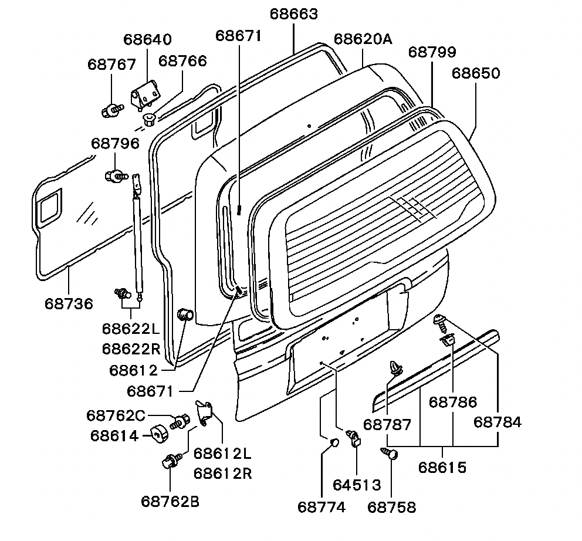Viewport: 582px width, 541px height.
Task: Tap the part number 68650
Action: click(x=476, y=73)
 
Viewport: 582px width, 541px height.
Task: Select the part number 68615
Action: click(x=442, y=468)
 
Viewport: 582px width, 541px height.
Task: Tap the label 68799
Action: click(x=432, y=52)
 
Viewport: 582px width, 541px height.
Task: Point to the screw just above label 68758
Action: click(x=390, y=453)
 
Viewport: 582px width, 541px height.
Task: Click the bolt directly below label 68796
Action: click(x=116, y=175)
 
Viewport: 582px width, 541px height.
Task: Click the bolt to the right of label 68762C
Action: click(x=180, y=420)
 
